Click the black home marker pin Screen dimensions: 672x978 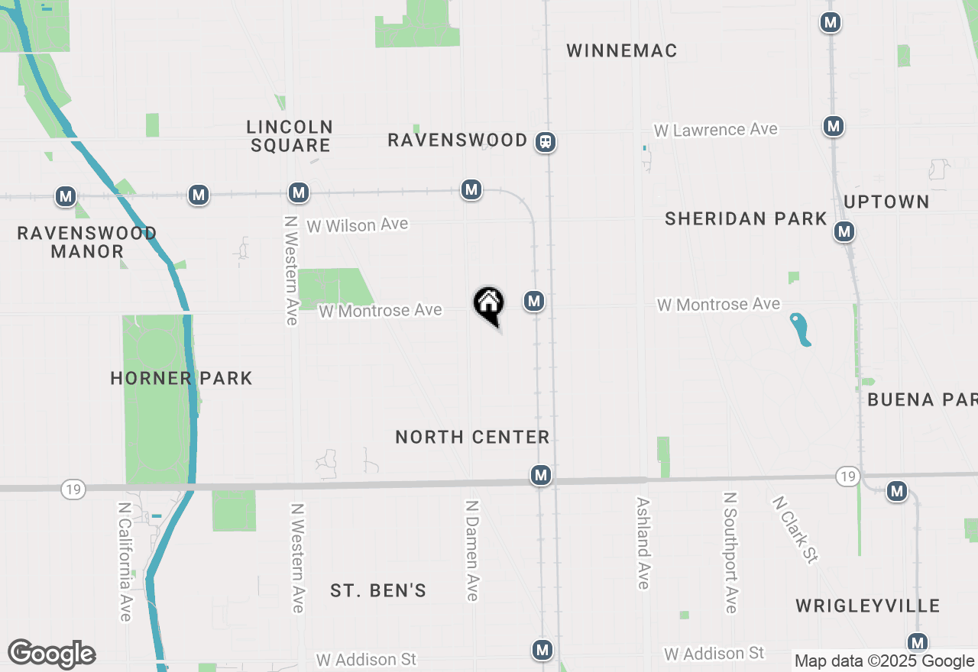tap(489, 305)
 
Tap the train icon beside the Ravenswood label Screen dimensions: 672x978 tap(545, 141)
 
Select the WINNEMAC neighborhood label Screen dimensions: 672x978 tap(622, 50)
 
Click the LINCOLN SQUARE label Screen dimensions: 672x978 tap(290, 136)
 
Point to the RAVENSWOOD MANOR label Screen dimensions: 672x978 tap(87, 242)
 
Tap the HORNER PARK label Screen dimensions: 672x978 tap(181, 378)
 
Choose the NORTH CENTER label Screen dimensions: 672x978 tap(472, 437)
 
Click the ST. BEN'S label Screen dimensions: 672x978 tap(378, 590)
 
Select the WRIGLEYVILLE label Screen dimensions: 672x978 tap(867, 606)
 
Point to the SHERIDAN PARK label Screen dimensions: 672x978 tap(746, 218)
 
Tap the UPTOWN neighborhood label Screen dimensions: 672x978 tap(886, 202)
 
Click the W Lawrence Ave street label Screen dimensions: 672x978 tap(715, 130)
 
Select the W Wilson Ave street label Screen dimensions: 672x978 tap(357, 225)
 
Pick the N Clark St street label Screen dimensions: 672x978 tap(795, 529)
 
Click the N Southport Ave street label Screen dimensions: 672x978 tap(730, 552)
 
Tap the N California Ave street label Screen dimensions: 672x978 tap(126, 561)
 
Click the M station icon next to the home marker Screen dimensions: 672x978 tap(534, 302)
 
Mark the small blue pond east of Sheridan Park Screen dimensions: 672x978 tap(800, 329)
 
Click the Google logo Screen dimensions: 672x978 tap(51, 654)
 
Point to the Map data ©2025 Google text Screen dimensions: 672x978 tap(884, 661)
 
